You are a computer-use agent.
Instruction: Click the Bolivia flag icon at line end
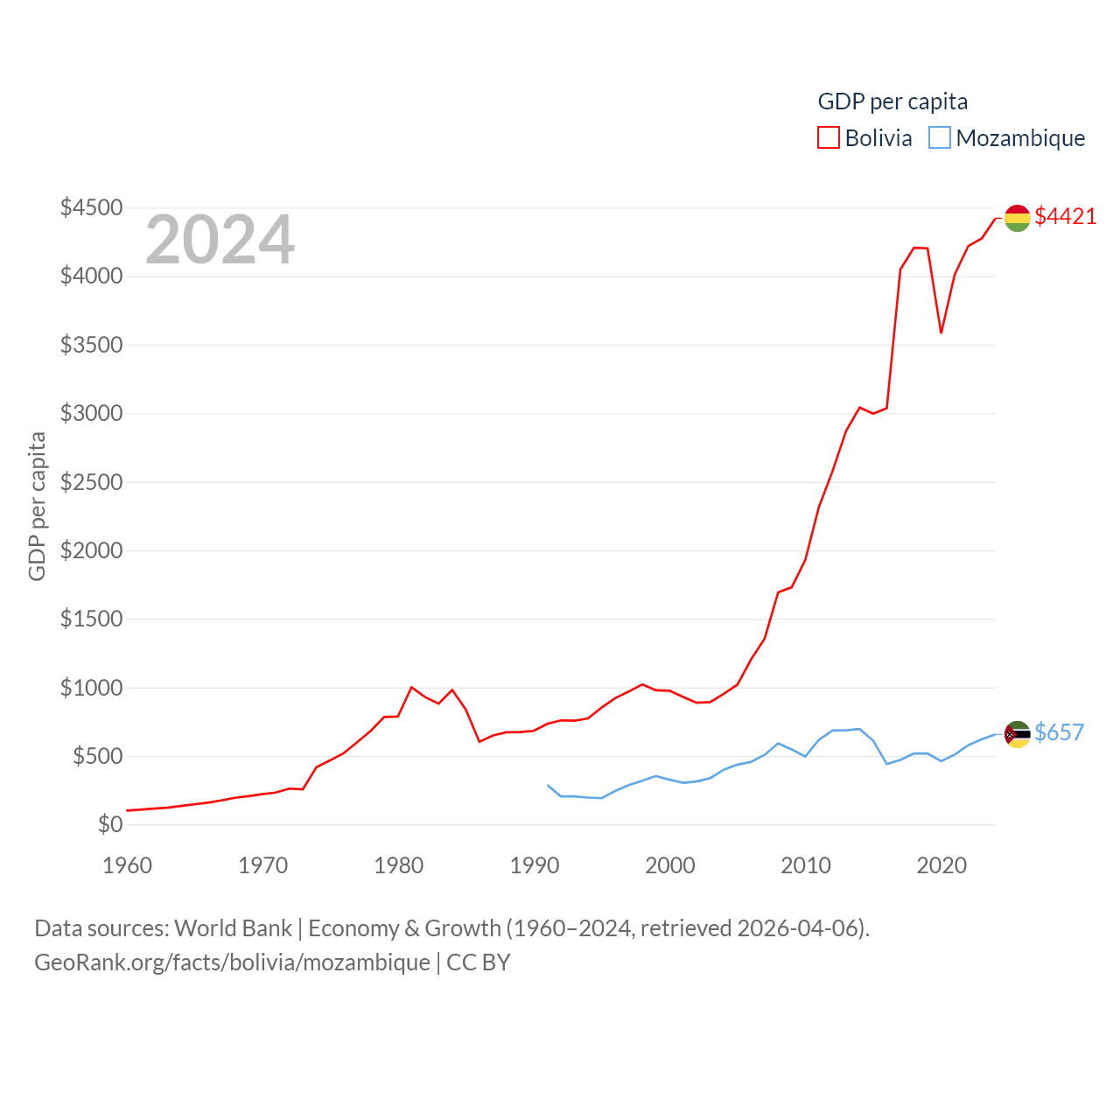[x=1017, y=218]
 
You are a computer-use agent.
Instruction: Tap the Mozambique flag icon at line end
[x=1017, y=734]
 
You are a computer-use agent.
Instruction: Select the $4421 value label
[x=1065, y=216]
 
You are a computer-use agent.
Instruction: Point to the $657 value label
[x=1059, y=732]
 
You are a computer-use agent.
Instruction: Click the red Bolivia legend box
[x=829, y=138]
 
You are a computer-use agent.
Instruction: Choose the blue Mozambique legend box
[x=940, y=138]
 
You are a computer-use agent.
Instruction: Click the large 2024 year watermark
[x=220, y=240]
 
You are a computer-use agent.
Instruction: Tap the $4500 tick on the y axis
[x=91, y=207]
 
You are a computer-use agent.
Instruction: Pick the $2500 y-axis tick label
[x=91, y=482]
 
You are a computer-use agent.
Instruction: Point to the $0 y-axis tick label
[x=109, y=824]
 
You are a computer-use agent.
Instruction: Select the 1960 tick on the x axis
[x=128, y=865]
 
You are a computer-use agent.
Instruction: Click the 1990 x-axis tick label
[x=534, y=865]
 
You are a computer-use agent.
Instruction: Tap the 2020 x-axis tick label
[x=941, y=865]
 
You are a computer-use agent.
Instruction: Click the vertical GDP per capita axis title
[x=37, y=506]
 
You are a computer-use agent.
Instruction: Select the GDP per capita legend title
[x=892, y=101]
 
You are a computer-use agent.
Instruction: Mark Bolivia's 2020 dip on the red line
[x=941, y=332]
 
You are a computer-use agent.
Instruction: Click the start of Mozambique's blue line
[x=548, y=785]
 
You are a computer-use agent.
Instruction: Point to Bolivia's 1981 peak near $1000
[x=411, y=687]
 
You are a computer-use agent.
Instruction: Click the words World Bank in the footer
[x=233, y=927]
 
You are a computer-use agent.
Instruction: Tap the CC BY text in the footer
[x=479, y=962]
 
